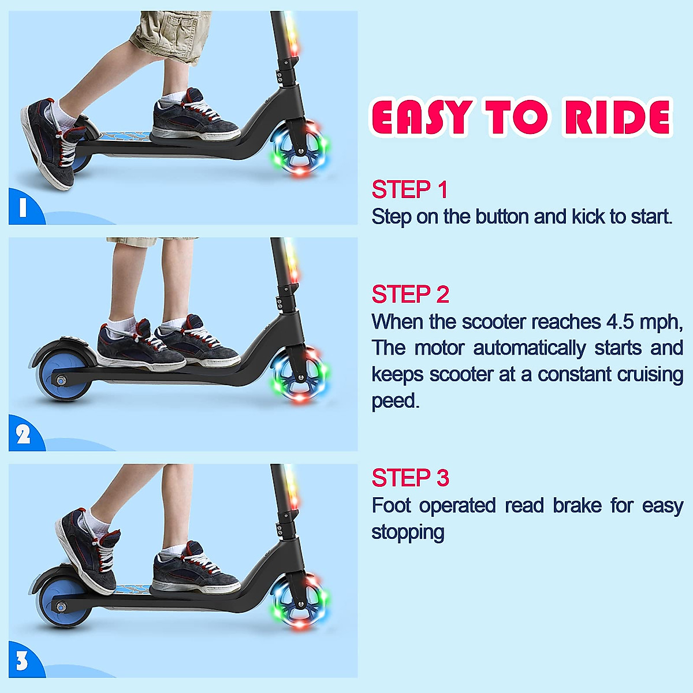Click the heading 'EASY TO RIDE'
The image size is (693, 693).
521,117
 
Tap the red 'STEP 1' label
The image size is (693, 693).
409,189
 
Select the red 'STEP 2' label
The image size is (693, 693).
411,294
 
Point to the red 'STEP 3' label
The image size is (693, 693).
411,478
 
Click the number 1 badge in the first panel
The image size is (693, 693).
23,207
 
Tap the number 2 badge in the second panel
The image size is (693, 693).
23,434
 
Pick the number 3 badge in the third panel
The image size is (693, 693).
22,661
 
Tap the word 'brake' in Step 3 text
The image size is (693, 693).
577,506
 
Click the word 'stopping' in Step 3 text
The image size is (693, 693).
408,532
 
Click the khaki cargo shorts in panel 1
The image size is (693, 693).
170,36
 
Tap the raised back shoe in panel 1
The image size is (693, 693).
54,144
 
